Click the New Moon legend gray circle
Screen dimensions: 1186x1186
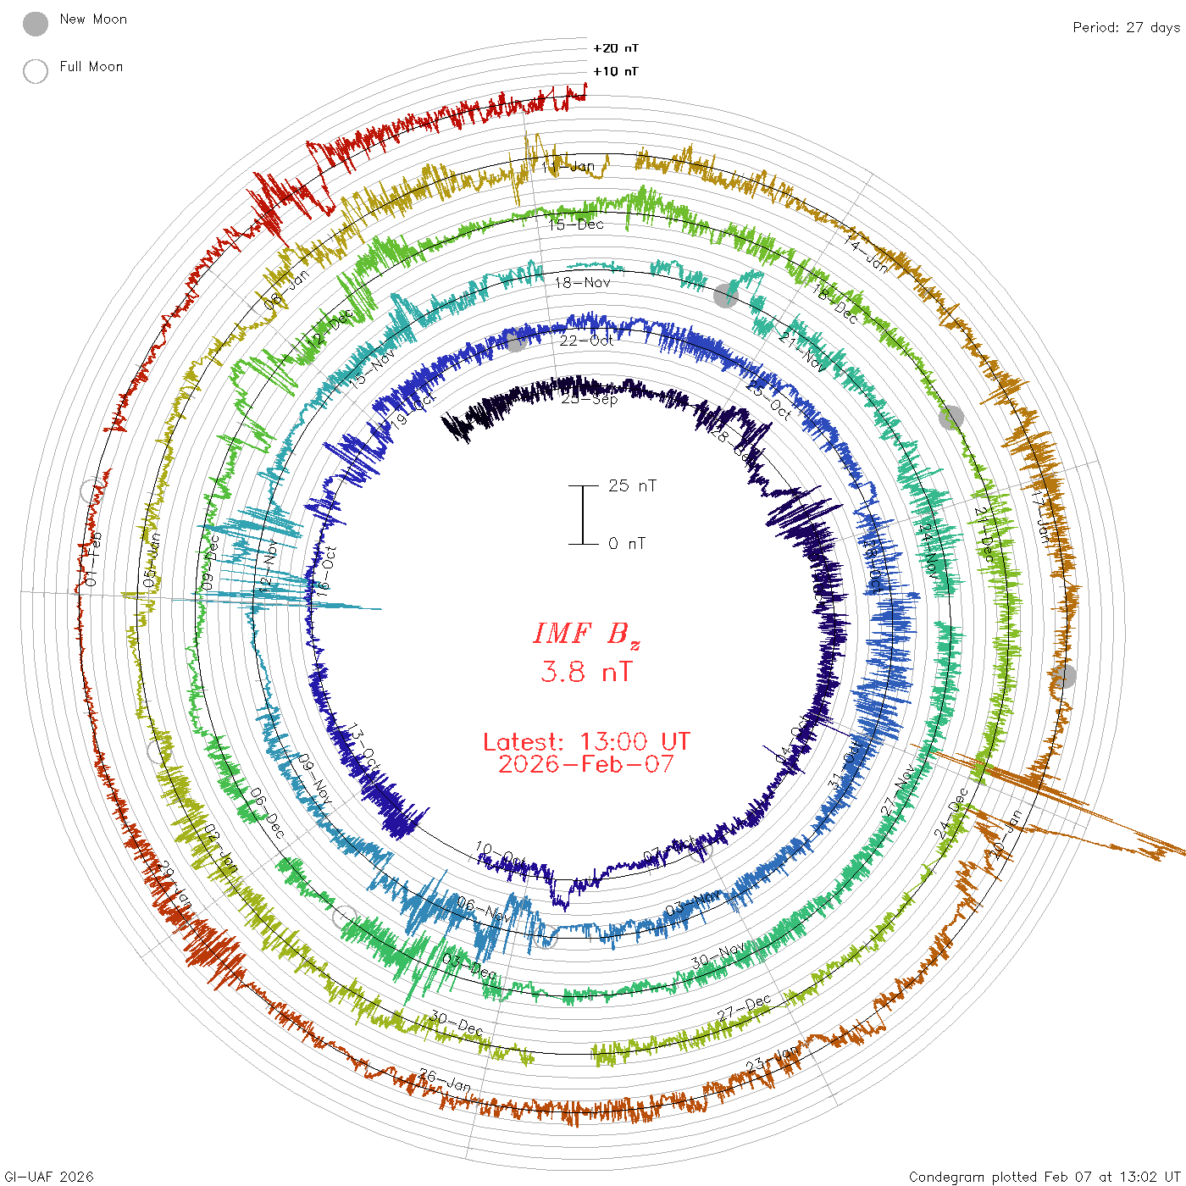(36, 24)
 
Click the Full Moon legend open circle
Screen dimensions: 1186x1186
(36, 71)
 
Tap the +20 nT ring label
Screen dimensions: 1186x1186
(616, 48)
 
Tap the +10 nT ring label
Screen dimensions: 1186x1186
(616, 71)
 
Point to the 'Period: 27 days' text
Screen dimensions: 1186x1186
(1126, 27)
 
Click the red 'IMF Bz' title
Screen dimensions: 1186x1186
(586, 635)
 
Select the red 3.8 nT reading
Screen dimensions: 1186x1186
(586, 672)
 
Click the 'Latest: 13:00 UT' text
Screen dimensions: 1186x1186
(586, 742)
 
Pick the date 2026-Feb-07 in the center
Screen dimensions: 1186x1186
(586, 764)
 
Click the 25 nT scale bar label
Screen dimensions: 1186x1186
(632, 485)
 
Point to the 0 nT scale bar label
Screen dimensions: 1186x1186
(627, 543)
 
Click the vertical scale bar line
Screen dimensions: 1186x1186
(583, 514)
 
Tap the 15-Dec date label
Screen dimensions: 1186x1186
(576, 224)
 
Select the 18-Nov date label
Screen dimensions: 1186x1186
(582, 282)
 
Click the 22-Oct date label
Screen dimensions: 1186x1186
(586, 341)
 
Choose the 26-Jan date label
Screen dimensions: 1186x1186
(445, 1081)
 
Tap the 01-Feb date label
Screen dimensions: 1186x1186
(91, 559)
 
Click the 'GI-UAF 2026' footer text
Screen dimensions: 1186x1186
(49, 1177)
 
